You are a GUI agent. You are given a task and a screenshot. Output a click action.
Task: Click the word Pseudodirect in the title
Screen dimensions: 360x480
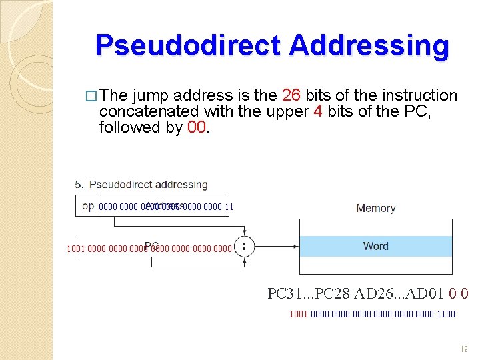coord(188,45)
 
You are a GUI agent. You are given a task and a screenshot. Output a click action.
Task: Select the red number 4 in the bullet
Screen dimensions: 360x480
coord(318,111)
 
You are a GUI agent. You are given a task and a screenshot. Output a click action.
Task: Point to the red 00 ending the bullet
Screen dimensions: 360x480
coord(197,127)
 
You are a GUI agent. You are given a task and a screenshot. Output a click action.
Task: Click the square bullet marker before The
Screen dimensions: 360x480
coord(93,96)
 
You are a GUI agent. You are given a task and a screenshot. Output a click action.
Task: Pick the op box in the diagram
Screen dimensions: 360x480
coord(87,206)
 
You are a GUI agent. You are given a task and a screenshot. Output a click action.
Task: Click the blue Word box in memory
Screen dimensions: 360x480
coord(376,246)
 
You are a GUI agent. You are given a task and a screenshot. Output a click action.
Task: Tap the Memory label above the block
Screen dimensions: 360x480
coord(376,208)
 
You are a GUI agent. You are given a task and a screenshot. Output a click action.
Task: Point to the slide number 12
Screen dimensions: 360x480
coord(465,349)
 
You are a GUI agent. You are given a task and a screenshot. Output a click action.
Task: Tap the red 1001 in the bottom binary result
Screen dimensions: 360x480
coord(299,314)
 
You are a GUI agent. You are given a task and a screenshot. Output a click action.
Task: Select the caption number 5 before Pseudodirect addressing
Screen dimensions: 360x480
coord(79,184)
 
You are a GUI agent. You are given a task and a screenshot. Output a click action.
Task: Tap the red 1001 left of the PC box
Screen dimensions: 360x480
coord(76,249)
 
